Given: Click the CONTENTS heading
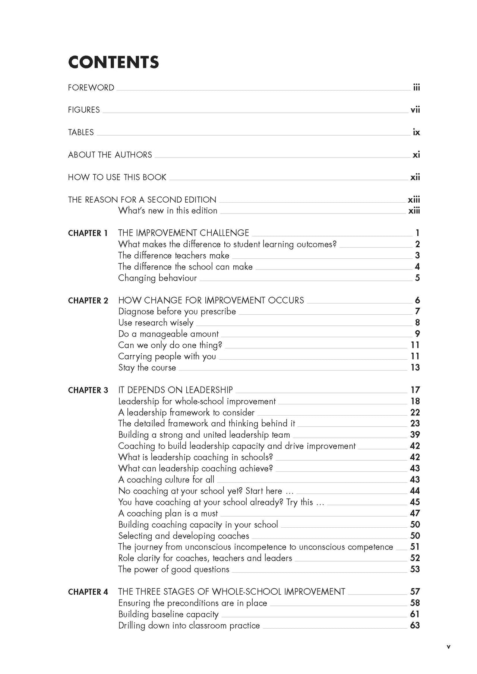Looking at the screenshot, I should pyautogui.click(x=113, y=62).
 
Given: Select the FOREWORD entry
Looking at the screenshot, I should pyautogui.click(x=91, y=88).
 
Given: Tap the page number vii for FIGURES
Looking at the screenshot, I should pyautogui.click(x=415, y=110).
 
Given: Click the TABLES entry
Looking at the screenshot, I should pyautogui.click(x=81, y=133).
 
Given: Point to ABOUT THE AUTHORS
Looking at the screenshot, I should pyautogui.click(x=110, y=155).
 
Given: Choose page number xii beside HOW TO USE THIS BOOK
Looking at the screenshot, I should pyautogui.click(x=415, y=177).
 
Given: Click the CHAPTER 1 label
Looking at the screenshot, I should pyautogui.click(x=88, y=233).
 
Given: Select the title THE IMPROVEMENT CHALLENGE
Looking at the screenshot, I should pyautogui.click(x=183, y=233).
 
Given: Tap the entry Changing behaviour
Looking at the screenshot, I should pyautogui.click(x=157, y=278).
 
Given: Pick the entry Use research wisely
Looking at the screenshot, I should pyautogui.click(x=156, y=323).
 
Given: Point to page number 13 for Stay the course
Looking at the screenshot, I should pyautogui.click(x=415, y=368).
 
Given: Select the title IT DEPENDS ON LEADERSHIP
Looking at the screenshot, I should pyautogui.click(x=175, y=390).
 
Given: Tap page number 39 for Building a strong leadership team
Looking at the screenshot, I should pyautogui.click(x=415, y=435).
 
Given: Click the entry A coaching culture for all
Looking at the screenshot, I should pyautogui.click(x=166, y=480).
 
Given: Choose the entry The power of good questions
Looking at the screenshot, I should pyautogui.click(x=174, y=570).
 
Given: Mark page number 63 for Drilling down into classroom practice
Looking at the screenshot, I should pyautogui.click(x=415, y=626).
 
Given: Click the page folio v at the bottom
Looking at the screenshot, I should pyautogui.click(x=448, y=647).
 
